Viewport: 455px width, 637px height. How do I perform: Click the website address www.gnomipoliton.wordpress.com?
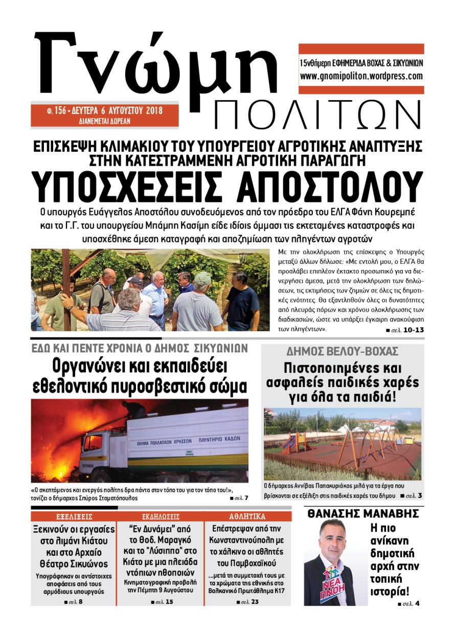point(361,76)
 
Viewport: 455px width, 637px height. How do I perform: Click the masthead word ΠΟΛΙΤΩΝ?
point(317,115)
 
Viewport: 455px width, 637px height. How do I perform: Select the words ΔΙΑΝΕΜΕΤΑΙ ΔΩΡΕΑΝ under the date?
point(104,121)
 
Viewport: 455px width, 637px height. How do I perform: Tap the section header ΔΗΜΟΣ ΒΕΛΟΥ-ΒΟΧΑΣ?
point(342,352)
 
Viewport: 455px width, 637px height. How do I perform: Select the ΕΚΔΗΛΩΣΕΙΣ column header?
point(161,516)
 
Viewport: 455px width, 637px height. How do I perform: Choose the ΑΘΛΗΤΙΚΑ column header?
point(247,516)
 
